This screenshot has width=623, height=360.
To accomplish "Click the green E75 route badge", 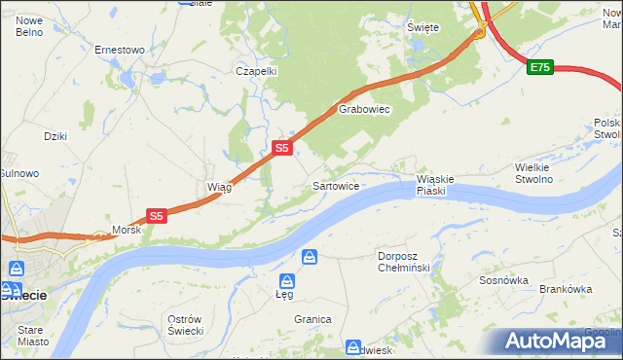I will point(540,67).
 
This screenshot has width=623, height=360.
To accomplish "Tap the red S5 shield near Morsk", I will point(157,216).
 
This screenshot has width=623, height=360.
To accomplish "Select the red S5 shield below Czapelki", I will point(280,148).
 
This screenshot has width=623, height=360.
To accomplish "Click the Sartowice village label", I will point(338,185).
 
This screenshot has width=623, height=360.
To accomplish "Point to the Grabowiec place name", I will point(364,110).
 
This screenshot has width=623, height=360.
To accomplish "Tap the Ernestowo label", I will point(120,50).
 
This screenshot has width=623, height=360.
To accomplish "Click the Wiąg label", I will point(219,187).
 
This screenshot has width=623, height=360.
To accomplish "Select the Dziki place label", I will point(55,136).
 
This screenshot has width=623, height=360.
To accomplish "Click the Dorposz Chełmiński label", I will point(403,263).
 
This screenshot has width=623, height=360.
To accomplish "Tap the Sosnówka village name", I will point(503,280).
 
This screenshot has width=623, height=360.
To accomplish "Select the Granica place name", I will point(313,319).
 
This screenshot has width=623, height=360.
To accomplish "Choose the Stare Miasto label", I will point(33,336).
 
